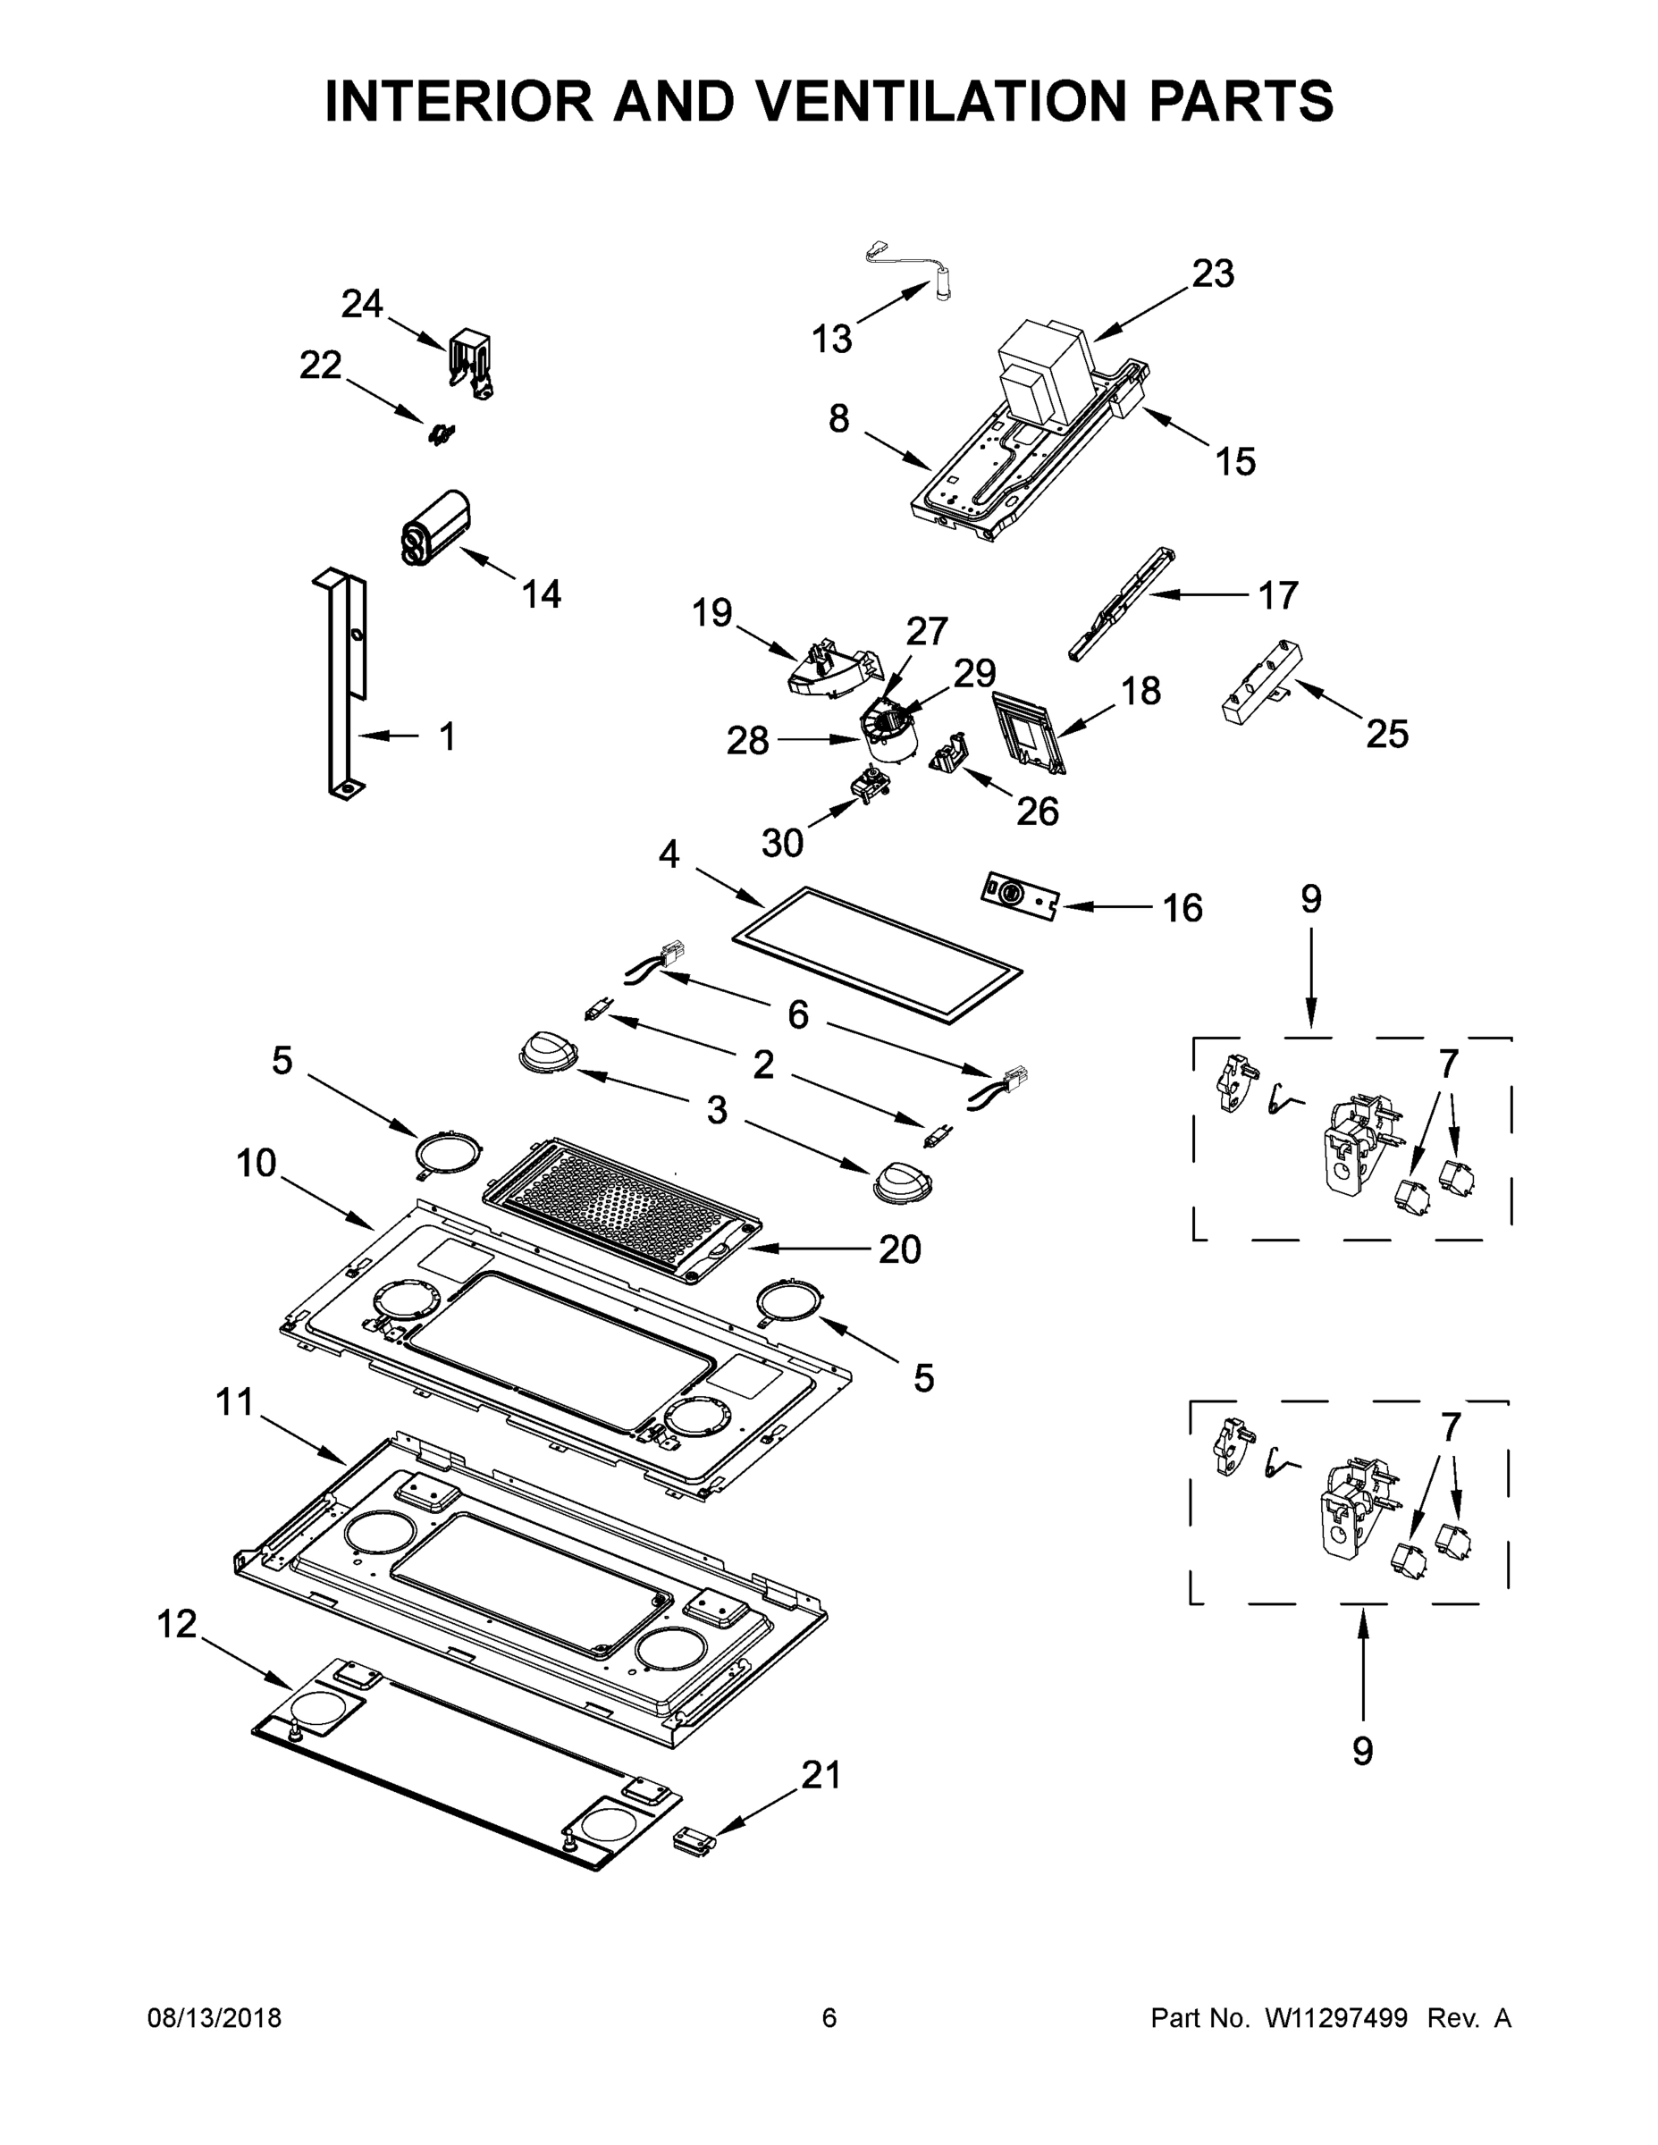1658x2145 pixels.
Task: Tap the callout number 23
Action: pos(1213,274)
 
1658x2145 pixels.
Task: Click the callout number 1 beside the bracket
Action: pos(447,736)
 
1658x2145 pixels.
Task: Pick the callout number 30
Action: pos(783,842)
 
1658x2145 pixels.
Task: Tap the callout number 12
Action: pos(177,1625)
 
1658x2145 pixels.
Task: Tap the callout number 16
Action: pos(1182,907)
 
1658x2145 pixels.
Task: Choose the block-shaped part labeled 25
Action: pos(1260,681)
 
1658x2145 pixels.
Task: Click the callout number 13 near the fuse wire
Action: pos(832,339)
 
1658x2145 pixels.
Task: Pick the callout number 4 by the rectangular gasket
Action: pos(669,854)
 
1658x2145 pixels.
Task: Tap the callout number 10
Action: pos(257,1164)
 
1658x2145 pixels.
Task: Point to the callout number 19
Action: pos(712,613)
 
